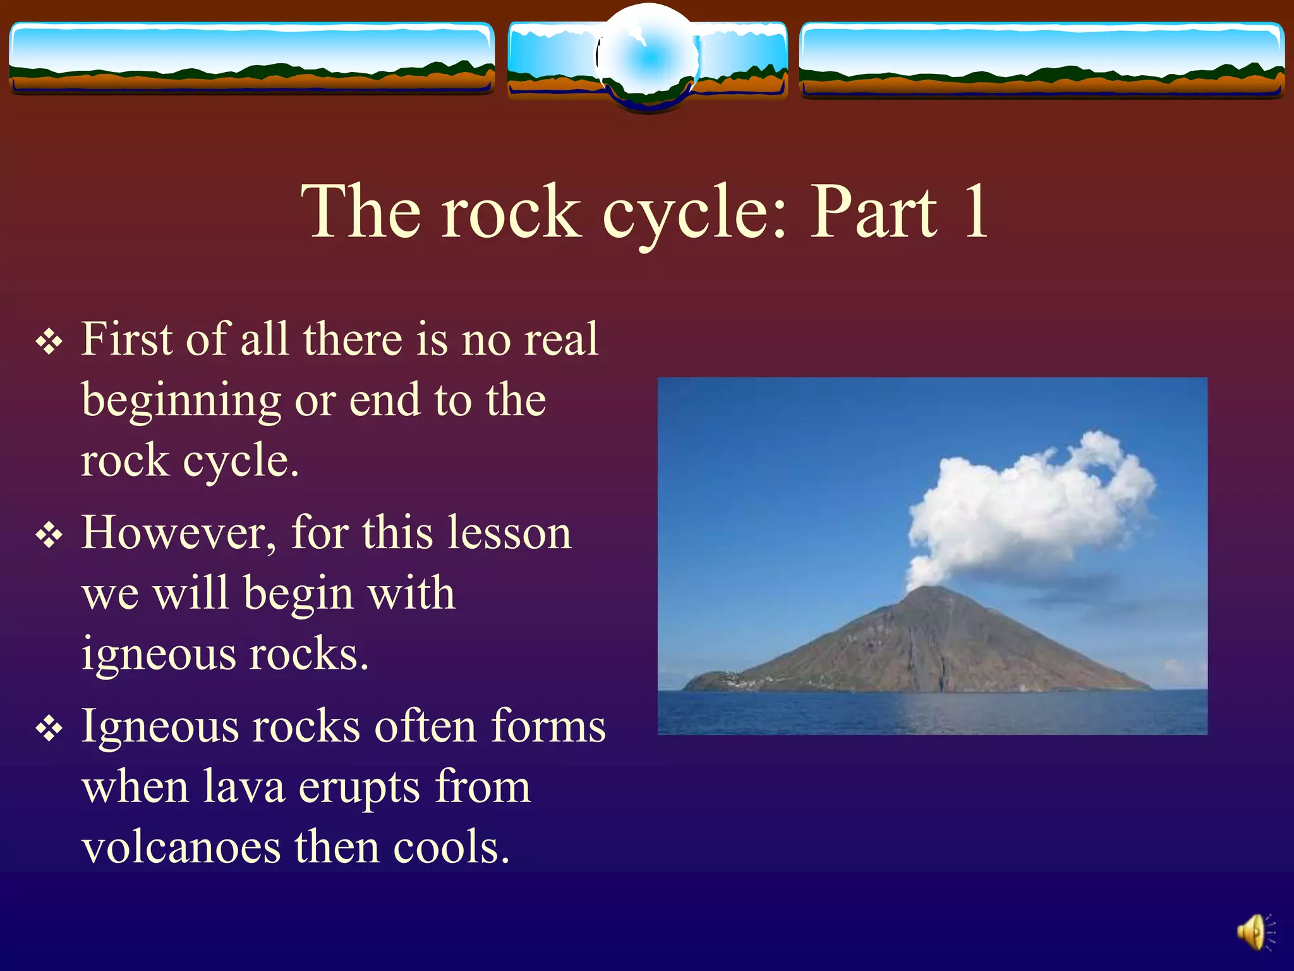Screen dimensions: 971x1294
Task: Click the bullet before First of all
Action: coord(49,343)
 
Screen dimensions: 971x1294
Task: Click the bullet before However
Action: coord(49,536)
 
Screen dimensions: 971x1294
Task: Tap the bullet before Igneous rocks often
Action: coord(49,730)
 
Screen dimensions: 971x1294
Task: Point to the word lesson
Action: coord(509,533)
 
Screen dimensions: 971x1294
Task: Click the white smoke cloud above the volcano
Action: coord(1030,499)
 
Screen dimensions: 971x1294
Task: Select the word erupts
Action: coord(359,789)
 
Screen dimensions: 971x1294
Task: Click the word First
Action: coord(126,339)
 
